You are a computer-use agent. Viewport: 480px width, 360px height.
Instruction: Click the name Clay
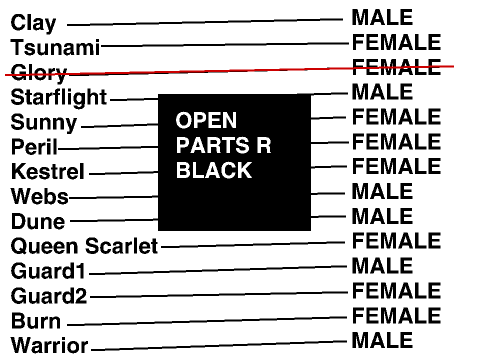tap(33, 24)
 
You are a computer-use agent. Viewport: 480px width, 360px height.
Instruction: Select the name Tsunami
tap(55, 47)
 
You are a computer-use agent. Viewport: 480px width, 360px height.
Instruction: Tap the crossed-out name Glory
tap(39, 73)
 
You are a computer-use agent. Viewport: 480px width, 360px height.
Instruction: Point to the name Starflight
tap(59, 98)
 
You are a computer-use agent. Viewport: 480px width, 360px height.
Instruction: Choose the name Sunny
tap(44, 123)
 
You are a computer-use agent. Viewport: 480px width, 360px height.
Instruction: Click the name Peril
tap(34, 147)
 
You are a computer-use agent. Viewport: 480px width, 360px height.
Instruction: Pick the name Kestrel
tap(48, 171)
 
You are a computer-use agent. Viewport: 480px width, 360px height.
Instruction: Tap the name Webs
tap(40, 196)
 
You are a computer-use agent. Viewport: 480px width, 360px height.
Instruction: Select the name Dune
tap(38, 221)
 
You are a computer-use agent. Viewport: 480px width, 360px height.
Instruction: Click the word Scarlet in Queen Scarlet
tap(121, 246)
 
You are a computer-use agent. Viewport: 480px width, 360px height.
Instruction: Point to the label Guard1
tap(48, 271)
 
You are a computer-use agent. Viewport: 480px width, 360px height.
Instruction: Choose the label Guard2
tap(49, 296)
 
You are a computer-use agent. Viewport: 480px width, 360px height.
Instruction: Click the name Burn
tap(36, 321)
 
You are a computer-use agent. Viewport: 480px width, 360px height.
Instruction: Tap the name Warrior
tap(49, 345)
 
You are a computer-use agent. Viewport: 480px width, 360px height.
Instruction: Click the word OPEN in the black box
tap(206, 120)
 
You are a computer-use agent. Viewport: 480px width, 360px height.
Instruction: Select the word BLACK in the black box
tap(214, 170)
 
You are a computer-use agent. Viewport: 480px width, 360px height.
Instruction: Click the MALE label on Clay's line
tap(382, 17)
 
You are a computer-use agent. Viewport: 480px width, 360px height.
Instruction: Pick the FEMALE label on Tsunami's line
tap(397, 42)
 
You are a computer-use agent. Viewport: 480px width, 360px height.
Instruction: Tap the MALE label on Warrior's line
tap(382, 340)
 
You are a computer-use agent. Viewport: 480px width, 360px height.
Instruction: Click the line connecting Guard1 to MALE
tap(218, 270)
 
